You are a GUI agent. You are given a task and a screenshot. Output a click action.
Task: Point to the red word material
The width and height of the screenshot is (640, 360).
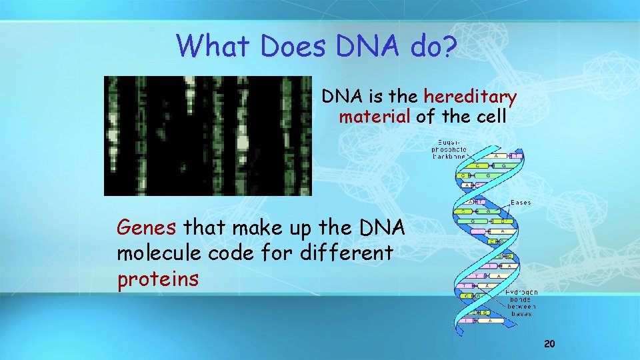pos(375,118)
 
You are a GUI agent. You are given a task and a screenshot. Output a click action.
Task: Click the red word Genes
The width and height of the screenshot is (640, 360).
pos(147,229)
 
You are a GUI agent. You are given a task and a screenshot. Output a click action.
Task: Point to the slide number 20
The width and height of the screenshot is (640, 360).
pos(549,344)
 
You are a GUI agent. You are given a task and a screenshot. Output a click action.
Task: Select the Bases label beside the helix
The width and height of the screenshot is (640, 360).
pos(521,202)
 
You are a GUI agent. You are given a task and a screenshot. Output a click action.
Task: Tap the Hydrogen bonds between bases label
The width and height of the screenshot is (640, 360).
pos(521,303)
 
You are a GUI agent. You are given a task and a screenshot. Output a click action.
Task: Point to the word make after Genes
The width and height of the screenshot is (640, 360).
pos(249,229)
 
